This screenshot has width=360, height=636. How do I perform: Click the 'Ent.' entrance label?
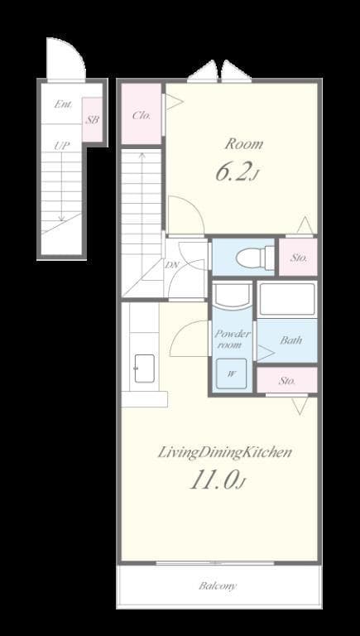[x=63, y=104]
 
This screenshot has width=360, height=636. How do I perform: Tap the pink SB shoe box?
[x=93, y=120]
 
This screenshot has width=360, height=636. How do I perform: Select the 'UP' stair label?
[x=61, y=146]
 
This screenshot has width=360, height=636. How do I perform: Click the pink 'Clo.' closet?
[x=142, y=115]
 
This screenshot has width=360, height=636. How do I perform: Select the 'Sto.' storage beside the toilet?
[x=298, y=258]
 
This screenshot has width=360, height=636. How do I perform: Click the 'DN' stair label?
[x=172, y=265]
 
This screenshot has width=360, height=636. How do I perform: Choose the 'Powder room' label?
[x=233, y=339]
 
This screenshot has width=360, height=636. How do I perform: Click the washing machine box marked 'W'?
[x=232, y=373]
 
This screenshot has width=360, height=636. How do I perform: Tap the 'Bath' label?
[x=290, y=340]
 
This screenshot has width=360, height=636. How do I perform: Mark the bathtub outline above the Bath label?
[x=286, y=300]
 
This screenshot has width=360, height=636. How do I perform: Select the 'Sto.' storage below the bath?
[x=286, y=381]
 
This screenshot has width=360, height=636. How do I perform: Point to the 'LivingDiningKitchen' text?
[x=224, y=452]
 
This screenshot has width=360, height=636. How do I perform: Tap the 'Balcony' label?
[x=218, y=586]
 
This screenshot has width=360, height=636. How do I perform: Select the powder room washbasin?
[x=233, y=297]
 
